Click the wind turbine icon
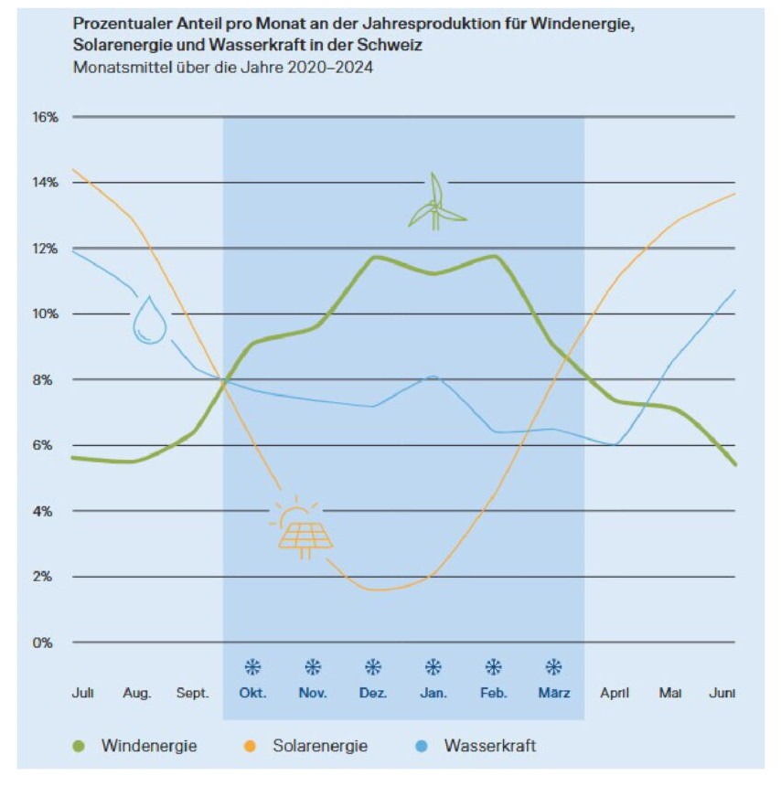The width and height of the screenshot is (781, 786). click(436, 203)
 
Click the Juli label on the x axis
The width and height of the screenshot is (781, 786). click(82, 693)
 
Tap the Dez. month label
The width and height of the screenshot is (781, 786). click(373, 693)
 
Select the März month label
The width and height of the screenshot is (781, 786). click(553, 693)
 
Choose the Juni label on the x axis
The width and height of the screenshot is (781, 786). click(722, 693)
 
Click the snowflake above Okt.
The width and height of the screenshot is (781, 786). click(252, 667)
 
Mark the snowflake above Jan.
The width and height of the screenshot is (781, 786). click(433, 667)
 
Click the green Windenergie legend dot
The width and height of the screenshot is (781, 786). click(80, 746)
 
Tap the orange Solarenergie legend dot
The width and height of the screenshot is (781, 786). click(251, 746)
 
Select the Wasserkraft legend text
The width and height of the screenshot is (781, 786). click(490, 746)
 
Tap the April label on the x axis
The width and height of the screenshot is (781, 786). click(615, 693)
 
